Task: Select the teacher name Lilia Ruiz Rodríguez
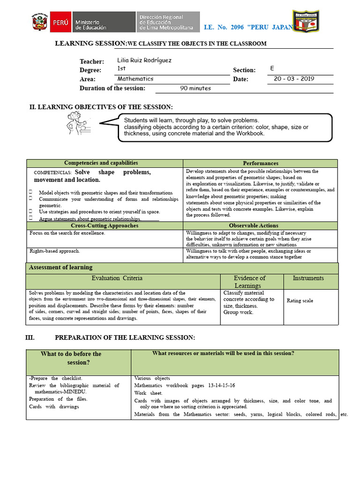click(x=144, y=60)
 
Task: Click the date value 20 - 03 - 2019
click(x=294, y=79)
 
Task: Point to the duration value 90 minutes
click(x=195, y=88)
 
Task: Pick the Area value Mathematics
click(x=135, y=79)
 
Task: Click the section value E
click(x=272, y=68)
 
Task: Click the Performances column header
click(x=260, y=163)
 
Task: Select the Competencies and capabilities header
click(x=101, y=163)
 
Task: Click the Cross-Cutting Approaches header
click(x=105, y=225)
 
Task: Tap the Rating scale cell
click(x=300, y=301)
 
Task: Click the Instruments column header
click(x=308, y=278)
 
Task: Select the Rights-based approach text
click(x=55, y=251)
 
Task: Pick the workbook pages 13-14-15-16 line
click(x=185, y=385)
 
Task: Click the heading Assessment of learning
click(x=61, y=267)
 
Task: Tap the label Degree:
click(x=90, y=70)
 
